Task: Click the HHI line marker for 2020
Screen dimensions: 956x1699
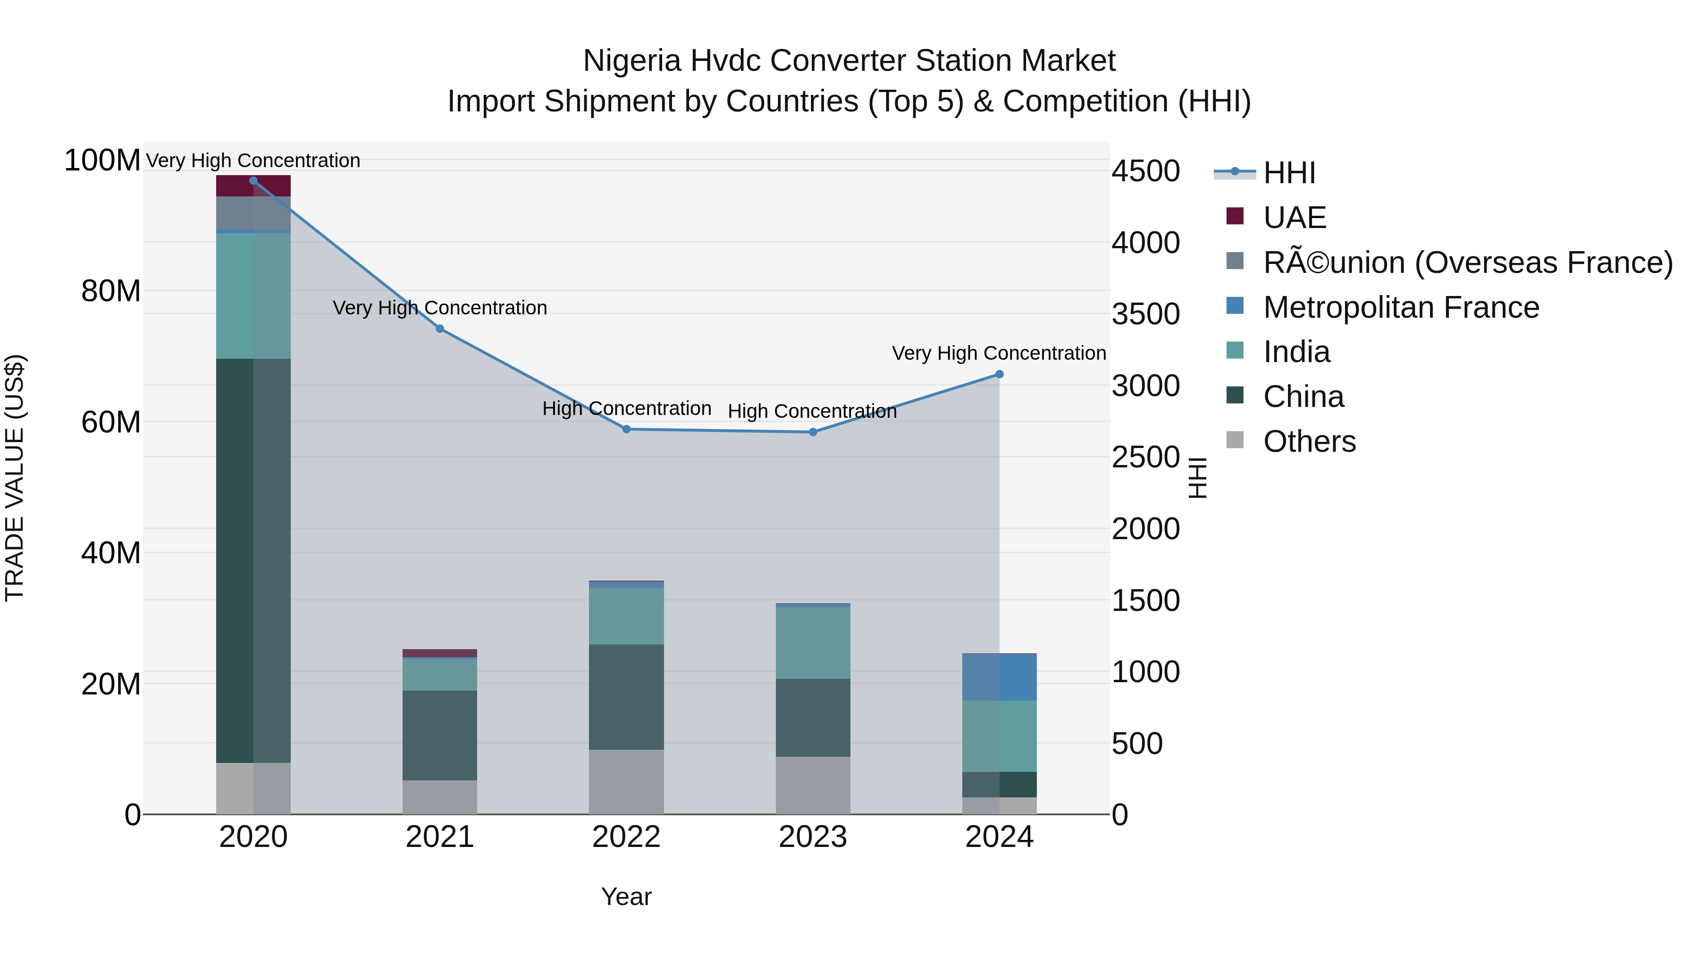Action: click(253, 181)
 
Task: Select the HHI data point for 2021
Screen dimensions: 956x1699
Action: click(440, 329)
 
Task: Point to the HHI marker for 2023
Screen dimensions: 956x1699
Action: click(813, 432)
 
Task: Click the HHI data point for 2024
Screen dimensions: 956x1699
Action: click(999, 374)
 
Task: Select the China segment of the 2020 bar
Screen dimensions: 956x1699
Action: click(253, 561)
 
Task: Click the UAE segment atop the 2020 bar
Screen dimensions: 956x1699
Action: click(253, 186)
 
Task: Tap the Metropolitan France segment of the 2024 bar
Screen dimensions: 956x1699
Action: click(999, 677)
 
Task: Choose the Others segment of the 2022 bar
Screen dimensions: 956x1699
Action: click(627, 782)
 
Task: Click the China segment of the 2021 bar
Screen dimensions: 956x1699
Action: click(440, 736)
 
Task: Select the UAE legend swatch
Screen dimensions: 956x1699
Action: click(1235, 216)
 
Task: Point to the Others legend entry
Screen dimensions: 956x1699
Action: click(1309, 441)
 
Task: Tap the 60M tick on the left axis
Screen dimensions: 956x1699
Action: click(111, 422)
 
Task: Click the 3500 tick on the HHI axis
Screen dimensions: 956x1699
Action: click(1145, 314)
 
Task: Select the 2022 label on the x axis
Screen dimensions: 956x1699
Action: click(627, 837)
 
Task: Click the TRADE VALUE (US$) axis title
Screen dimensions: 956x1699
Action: click(15, 478)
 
